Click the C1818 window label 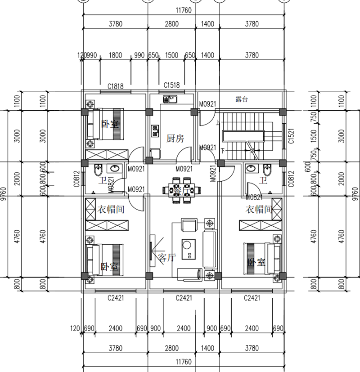click(115, 85)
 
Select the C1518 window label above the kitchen click(171, 85)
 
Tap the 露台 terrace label click(242, 99)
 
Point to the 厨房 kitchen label click(175, 138)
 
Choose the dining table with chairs click(183, 191)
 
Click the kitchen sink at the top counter click(171, 99)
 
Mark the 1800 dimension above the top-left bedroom click(116, 55)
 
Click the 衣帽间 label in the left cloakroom click(111, 209)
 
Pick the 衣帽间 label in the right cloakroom click(259, 209)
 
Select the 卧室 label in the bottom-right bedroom click(256, 262)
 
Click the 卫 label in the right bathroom click(263, 181)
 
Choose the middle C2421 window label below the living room click(184, 298)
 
